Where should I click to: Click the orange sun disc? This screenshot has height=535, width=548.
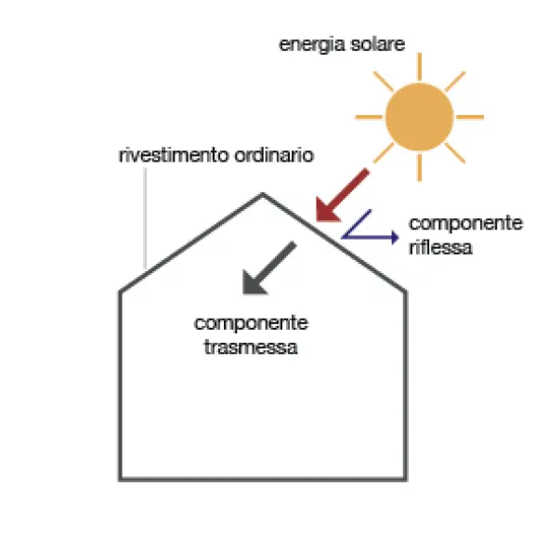click(x=420, y=117)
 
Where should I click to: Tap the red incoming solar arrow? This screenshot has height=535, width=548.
click(x=342, y=195)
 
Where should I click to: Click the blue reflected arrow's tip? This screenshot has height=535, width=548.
click(x=398, y=237)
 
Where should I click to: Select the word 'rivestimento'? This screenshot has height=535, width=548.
click(x=173, y=155)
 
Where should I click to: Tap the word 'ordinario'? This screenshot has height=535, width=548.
click(x=274, y=155)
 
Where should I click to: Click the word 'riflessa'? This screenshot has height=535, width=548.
click(x=440, y=247)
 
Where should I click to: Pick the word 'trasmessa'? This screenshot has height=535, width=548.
click(x=251, y=347)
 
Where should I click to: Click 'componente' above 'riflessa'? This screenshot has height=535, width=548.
click(x=465, y=223)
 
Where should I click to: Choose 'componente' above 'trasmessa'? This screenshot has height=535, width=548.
click(x=251, y=323)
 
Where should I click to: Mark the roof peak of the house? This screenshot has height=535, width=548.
click(x=263, y=193)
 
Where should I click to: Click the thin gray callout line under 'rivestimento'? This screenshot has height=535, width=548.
click(x=145, y=218)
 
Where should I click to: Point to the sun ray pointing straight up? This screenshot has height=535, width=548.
click(x=420, y=67)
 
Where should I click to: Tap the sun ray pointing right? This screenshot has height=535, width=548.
click(x=470, y=117)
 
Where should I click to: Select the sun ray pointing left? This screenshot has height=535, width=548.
click(x=369, y=117)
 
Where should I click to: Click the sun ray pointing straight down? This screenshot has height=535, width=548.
click(x=420, y=167)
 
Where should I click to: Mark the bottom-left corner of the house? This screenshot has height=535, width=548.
click(x=120, y=479)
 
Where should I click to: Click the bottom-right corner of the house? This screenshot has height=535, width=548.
click(x=405, y=479)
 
